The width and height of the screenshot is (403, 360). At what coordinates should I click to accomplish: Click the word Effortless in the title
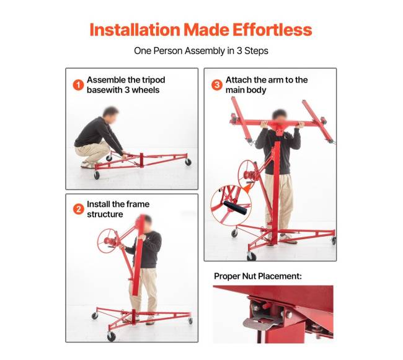[272, 30]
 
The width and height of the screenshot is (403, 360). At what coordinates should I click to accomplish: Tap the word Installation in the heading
[135, 30]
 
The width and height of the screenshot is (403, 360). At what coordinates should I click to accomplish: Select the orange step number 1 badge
[78, 85]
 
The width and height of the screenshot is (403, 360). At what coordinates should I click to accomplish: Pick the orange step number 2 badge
[78, 209]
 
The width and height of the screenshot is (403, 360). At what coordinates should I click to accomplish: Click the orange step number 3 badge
[217, 85]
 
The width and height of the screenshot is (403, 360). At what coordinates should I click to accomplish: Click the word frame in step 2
[138, 204]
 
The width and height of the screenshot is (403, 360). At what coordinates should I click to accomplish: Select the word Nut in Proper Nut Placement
[249, 276]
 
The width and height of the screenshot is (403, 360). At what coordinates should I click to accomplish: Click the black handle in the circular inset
[235, 208]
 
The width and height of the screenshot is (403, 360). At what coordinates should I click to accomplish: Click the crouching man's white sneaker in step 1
[87, 165]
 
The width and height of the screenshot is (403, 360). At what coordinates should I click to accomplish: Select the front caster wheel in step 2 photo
[111, 336]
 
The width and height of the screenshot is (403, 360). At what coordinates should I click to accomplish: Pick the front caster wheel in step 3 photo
[251, 256]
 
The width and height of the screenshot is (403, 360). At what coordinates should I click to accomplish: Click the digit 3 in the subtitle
[239, 51]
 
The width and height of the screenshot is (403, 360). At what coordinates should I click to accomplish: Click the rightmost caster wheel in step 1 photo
[188, 162]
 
